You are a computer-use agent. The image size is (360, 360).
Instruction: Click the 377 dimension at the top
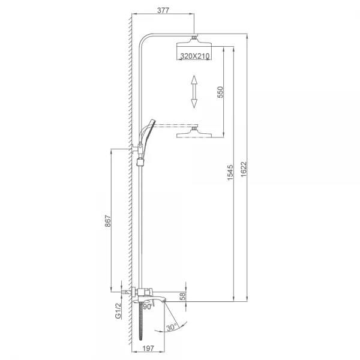point(163,10)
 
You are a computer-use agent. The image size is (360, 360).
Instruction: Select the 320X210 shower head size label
point(194,56)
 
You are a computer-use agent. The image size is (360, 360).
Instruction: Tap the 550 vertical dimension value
point(220,92)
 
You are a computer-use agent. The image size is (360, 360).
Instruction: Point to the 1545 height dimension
point(230,172)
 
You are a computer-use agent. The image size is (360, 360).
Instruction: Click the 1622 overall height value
point(244,169)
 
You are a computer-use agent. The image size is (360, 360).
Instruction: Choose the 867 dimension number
point(108,221)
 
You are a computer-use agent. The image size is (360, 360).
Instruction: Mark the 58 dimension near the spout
point(182,296)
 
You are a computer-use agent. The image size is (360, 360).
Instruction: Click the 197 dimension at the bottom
point(148,349)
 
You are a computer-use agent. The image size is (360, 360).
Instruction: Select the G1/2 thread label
point(118,311)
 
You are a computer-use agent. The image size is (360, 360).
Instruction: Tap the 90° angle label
point(148,307)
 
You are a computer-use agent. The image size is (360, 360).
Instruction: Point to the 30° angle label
point(172,327)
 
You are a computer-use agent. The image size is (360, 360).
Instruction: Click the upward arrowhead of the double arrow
point(194,80)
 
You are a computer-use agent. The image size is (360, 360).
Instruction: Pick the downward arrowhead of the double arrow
point(194,103)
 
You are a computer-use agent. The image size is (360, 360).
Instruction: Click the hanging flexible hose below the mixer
point(141,321)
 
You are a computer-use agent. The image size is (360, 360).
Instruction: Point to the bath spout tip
point(164,301)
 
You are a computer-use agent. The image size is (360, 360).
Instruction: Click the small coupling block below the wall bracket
point(140,162)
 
